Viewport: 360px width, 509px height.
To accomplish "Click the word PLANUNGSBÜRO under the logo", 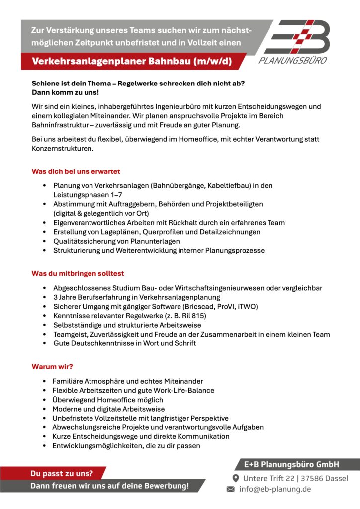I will (293, 61).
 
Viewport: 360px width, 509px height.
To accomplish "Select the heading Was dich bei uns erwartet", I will (76, 171).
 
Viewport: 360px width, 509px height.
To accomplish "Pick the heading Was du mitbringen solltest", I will (78, 274).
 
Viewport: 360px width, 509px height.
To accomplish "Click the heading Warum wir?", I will (52, 367).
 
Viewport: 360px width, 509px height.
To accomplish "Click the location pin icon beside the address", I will (236, 478).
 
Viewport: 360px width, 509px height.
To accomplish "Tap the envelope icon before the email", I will (230, 489).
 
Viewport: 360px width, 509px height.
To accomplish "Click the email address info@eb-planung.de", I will (275, 489).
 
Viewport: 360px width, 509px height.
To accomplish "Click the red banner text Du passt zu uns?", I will (62, 473).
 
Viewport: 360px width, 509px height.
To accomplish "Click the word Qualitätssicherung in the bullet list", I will (85, 241).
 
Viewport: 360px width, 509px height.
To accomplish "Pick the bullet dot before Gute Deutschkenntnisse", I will (46, 343).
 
